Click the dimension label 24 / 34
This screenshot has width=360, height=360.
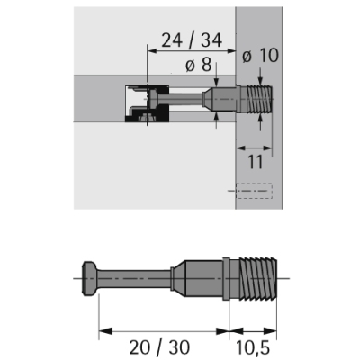point(192,40)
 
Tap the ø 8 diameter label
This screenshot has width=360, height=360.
point(198,65)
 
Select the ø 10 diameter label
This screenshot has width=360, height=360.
point(260,56)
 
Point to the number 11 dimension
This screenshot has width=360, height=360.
point(256,162)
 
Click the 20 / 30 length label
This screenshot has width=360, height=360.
point(159,347)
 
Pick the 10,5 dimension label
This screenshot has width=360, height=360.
point(254,347)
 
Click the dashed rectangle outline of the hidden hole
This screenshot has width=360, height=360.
point(254,191)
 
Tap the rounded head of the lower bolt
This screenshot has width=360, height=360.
point(89,279)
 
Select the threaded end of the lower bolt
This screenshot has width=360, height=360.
point(258,278)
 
